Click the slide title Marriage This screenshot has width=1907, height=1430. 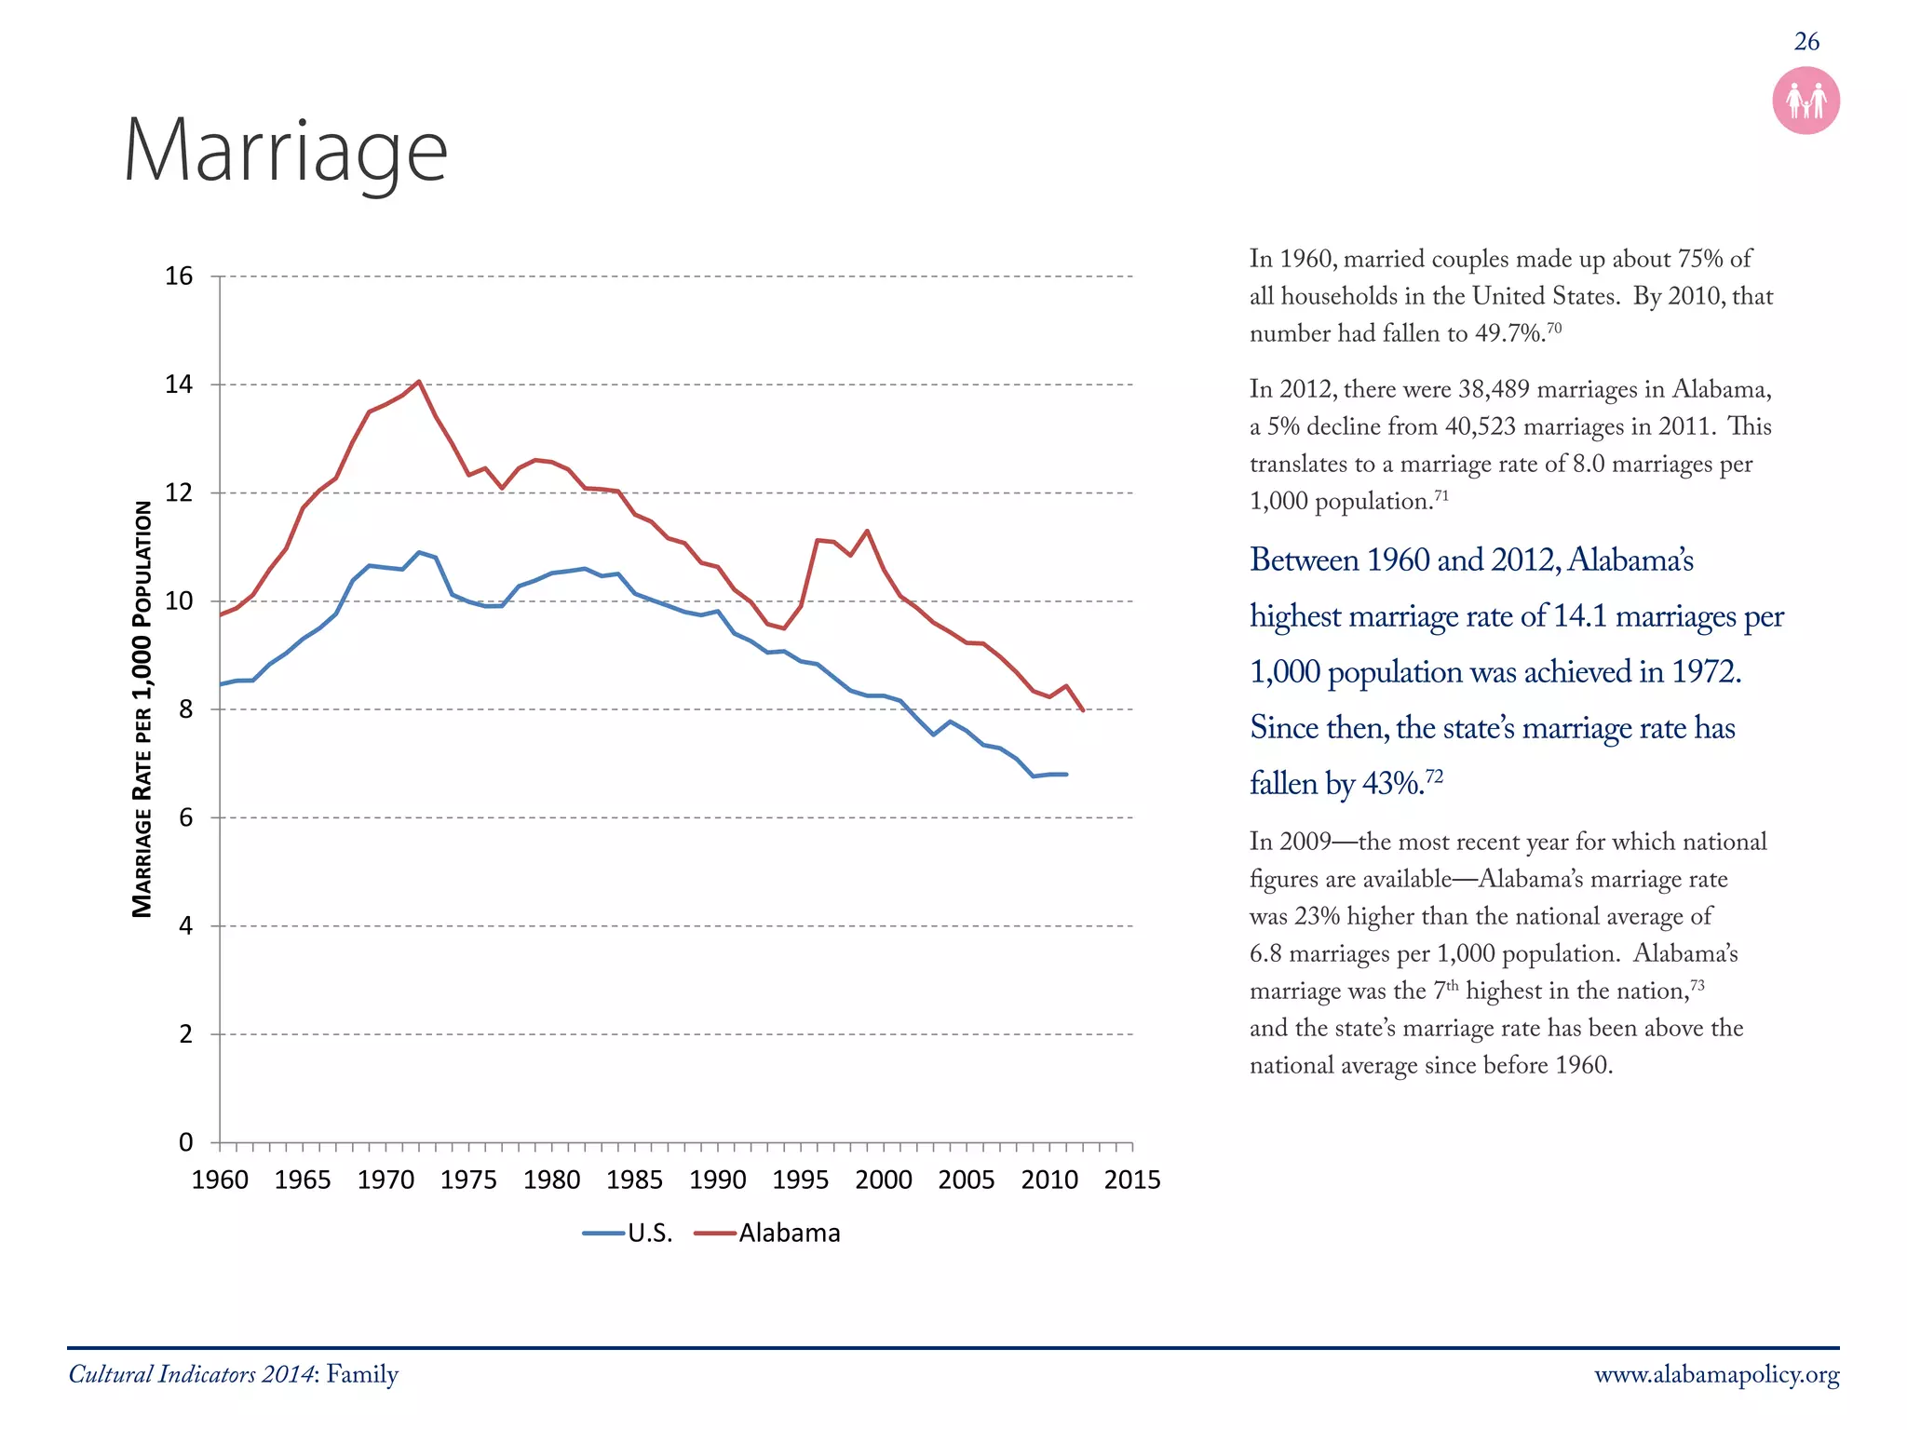285,152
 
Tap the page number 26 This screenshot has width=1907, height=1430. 1806,42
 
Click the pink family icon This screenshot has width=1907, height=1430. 1806,101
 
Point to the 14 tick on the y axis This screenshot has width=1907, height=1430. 179,384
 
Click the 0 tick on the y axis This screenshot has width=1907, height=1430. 185,1142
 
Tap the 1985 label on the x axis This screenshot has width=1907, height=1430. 634,1180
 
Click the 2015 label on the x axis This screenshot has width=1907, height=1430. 1131,1180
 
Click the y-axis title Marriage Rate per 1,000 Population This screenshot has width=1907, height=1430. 142,708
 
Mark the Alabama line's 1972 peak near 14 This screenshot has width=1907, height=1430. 419,381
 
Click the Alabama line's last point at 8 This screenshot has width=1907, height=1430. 1082,710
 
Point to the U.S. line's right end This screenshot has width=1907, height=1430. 1066,775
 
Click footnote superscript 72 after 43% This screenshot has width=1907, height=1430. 1434,776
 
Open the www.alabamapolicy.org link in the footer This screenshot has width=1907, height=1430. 1716,1375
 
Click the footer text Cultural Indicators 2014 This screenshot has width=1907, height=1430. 192,1375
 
